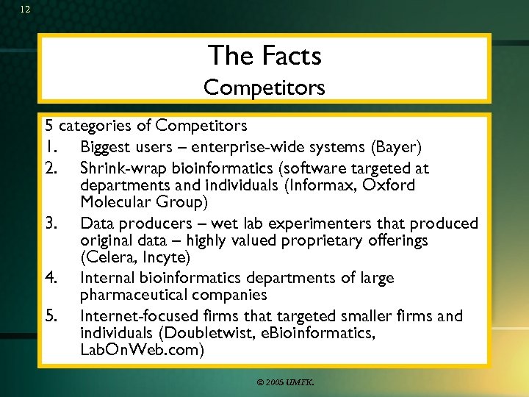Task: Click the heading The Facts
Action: click(x=264, y=55)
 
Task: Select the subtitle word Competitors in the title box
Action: click(x=264, y=87)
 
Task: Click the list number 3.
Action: click(x=51, y=223)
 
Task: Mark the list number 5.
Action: click(x=51, y=316)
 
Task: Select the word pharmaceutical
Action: click(x=137, y=295)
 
